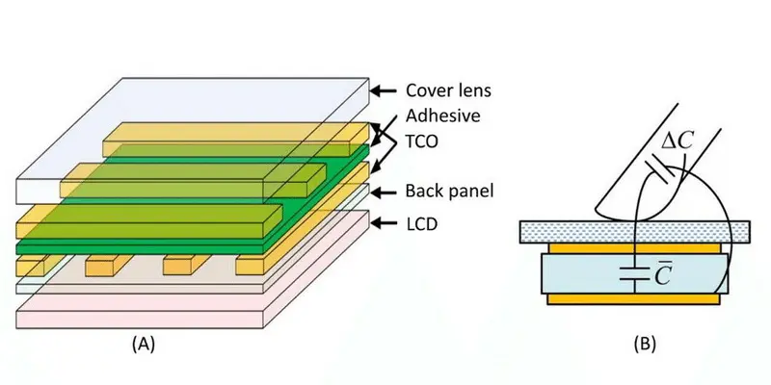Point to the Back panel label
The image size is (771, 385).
(x=451, y=191)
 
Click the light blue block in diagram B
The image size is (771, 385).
(x=588, y=273)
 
